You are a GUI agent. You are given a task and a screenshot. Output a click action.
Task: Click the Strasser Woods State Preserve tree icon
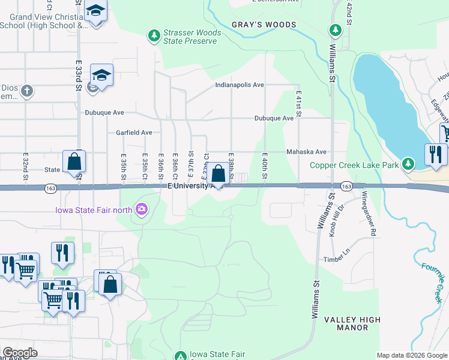[155, 37]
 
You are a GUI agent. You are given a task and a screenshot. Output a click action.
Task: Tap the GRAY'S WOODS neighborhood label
[264, 25]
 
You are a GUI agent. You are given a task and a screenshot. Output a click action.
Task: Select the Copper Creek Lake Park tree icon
[408, 164]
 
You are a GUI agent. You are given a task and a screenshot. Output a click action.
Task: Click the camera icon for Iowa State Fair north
[142, 209]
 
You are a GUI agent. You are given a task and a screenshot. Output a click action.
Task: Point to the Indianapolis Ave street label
[240, 85]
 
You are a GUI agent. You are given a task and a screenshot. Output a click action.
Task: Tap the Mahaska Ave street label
[306, 152]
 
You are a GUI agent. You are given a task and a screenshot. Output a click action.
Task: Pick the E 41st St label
[298, 104]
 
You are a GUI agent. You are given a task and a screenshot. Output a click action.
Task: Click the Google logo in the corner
[20, 353]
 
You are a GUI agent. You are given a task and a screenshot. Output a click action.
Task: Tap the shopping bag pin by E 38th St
[220, 174]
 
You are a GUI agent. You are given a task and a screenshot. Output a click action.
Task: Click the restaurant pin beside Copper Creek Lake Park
[435, 155]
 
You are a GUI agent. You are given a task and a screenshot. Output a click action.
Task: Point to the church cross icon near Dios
[26, 91]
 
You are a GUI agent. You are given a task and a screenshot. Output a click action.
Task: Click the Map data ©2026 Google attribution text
[411, 355]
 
